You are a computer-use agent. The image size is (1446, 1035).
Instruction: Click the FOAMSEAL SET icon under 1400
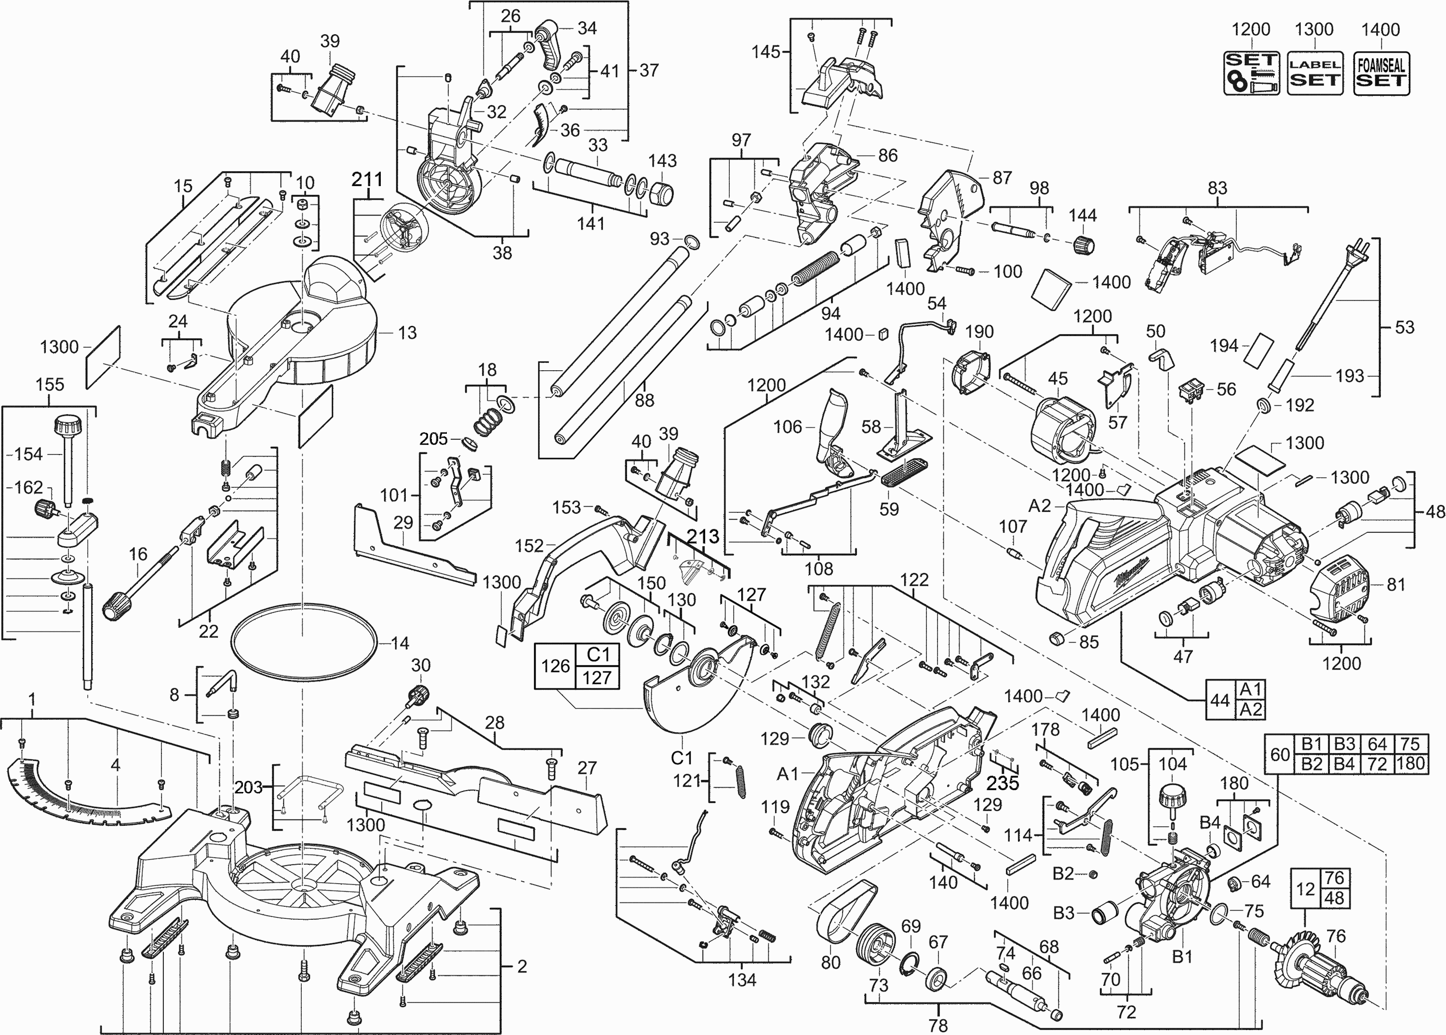pos(1380,73)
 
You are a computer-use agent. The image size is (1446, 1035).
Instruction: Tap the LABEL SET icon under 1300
pos(1315,73)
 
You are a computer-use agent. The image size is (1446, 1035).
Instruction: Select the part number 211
pos(367,180)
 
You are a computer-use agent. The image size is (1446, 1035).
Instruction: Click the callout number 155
pos(50,384)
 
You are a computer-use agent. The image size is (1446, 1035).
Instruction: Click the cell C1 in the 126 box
pos(598,655)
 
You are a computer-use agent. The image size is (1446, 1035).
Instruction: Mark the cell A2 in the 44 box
pos(1250,709)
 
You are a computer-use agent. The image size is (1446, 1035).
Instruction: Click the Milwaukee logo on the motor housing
pos(1132,579)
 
